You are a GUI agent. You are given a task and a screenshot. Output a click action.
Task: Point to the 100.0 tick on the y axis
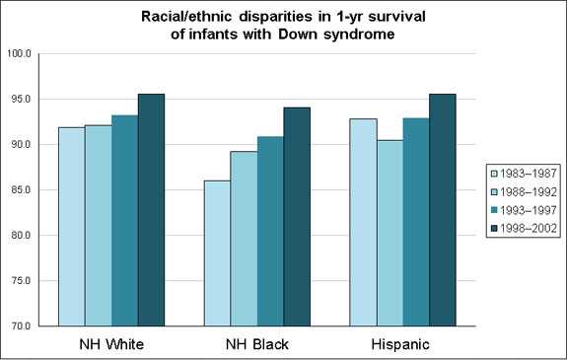(20, 54)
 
